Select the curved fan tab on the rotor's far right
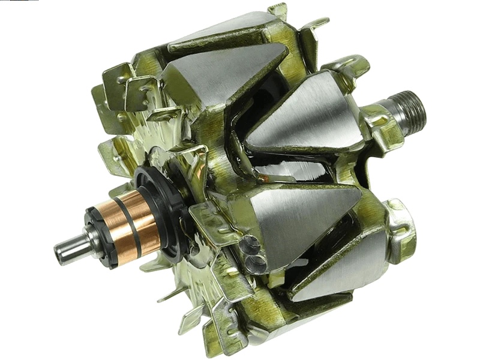[401, 228]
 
